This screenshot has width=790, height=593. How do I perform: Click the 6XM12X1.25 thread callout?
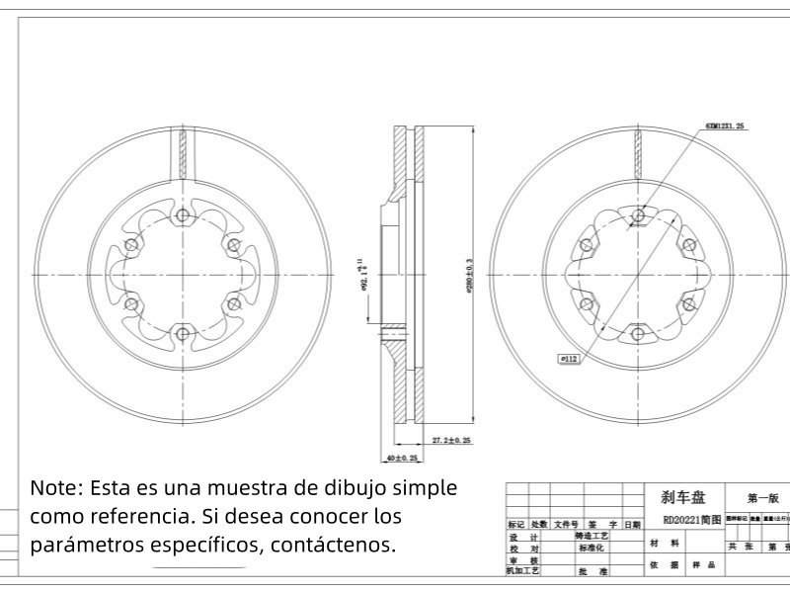(725, 127)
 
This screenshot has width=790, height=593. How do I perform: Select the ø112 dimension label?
(569, 360)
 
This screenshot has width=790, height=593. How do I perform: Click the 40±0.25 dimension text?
(402, 459)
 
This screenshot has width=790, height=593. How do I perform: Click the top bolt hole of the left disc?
(181, 216)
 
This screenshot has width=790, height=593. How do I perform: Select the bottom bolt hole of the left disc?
(181, 333)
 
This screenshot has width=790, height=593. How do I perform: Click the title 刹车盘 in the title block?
(683, 498)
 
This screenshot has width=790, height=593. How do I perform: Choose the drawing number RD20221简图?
(683, 519)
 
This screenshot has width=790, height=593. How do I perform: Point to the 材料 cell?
(663, 543)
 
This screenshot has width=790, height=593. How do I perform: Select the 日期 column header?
(632, 525)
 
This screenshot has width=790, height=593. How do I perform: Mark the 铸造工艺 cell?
(592, 536)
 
